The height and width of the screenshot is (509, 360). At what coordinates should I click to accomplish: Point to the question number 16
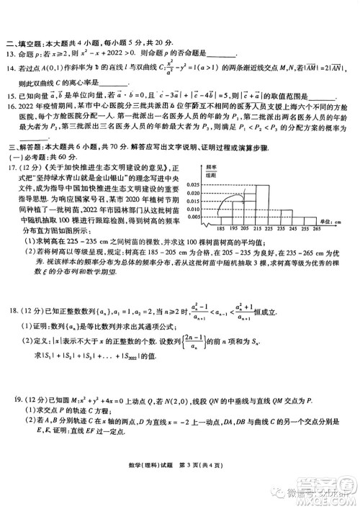11,106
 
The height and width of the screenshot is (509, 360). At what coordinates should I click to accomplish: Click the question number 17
11,168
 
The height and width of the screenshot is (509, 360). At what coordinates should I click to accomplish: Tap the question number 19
11,416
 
